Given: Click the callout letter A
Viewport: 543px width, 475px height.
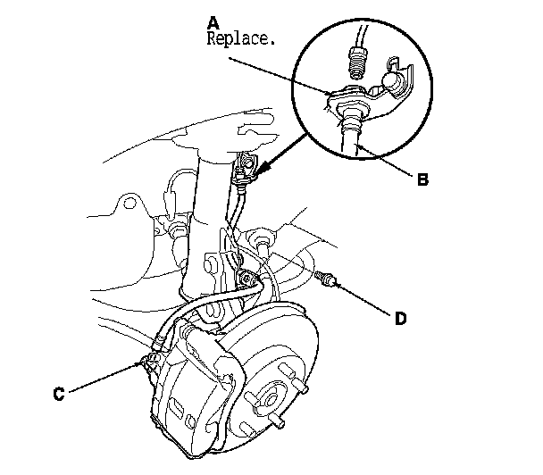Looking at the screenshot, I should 213,21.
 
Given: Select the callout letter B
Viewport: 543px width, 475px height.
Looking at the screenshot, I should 422,179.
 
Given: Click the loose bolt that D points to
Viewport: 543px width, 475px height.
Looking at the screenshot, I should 329,280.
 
